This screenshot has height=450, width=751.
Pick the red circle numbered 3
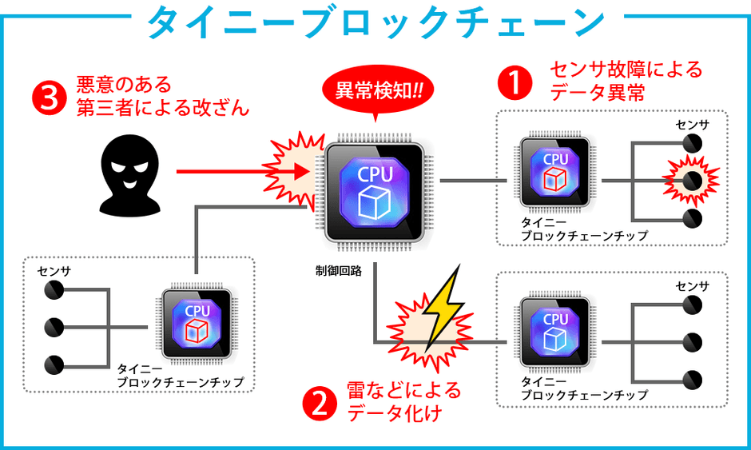pos(47,96)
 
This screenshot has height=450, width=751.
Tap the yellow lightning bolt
pos(442,308)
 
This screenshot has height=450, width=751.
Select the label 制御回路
pos(339,271)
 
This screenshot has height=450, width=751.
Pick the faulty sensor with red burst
pos(693,181)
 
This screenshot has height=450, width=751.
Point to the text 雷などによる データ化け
pos(403,402)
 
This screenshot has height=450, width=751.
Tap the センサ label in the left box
pos(54,271)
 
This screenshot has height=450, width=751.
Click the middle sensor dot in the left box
pos(54,326)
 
